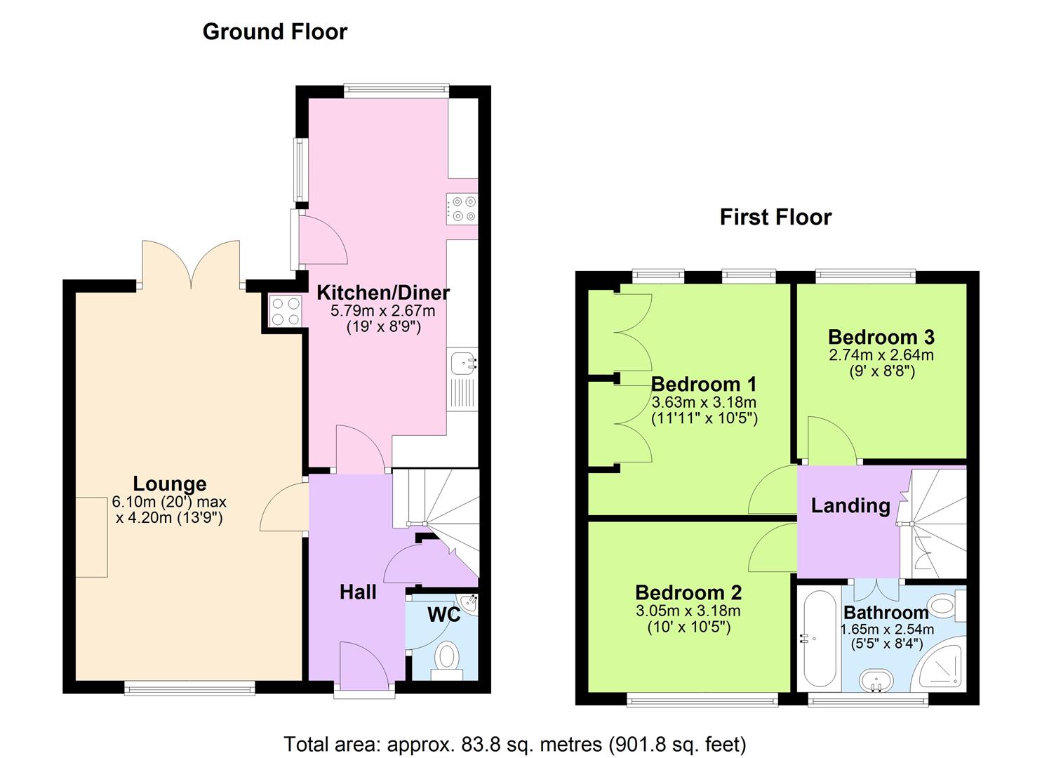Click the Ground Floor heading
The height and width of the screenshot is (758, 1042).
point(274,32)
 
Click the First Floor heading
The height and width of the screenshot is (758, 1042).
point(775,217)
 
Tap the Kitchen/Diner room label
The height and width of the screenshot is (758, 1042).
point(382,293)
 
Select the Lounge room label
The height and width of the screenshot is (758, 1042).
point(170,484)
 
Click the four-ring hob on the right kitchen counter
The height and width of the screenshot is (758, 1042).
point(461,209)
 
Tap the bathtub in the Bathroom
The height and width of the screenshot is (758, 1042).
point(818,639)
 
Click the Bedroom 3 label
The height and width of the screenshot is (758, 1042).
point(881,337)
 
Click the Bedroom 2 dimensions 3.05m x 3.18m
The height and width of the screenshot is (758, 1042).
point(688,611)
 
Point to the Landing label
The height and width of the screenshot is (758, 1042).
point(850,505)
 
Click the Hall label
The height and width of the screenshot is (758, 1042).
point(358,592)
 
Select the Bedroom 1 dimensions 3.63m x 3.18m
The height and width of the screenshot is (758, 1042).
point(703,402)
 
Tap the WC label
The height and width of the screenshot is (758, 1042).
point(443,615)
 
